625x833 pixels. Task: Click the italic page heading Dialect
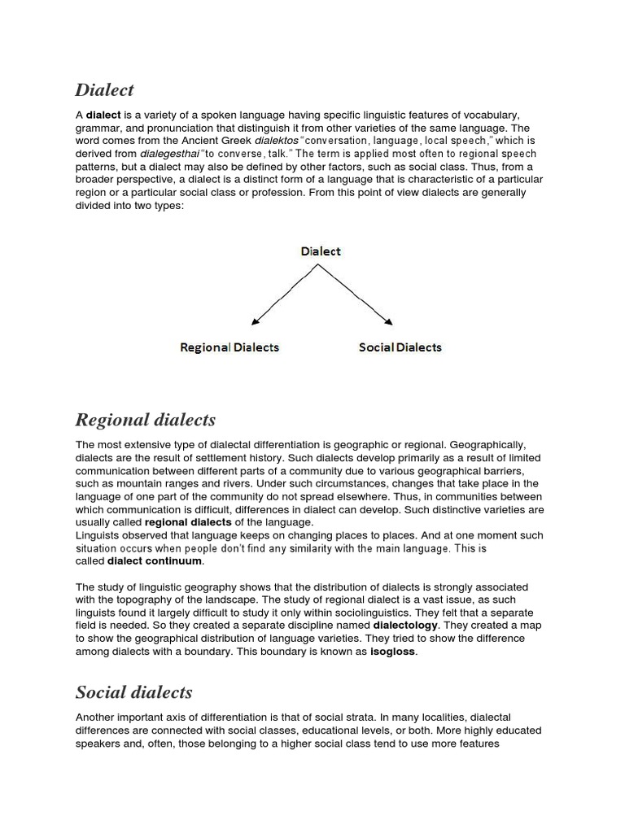click(104, 89)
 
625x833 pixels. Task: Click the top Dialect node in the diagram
click(321, 251)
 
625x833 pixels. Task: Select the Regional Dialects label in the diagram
click(229, 347)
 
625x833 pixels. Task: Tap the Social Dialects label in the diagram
click(400, 347)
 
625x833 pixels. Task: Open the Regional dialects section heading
click(146, 420)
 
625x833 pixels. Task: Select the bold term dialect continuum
click(155, 561)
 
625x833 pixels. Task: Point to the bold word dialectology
click(405, 626)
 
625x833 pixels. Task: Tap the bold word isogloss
click(393, 652)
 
